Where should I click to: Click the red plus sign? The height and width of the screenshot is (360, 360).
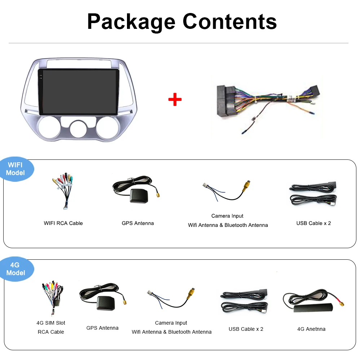click(175, 99)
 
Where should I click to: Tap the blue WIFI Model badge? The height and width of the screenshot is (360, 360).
click(16, 169)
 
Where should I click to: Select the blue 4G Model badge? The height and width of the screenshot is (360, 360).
click(16, 269)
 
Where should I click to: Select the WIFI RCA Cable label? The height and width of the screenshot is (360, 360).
click(63, 223)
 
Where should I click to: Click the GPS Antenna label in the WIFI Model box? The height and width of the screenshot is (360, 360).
click(137, 223)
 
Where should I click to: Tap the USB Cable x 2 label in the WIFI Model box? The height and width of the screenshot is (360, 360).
click(313, 223)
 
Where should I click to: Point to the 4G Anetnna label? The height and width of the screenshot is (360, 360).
click(311, 329)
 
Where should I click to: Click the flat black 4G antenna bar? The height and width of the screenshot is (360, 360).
click(311, 309)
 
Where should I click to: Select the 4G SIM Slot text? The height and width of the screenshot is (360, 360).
click(51, 323)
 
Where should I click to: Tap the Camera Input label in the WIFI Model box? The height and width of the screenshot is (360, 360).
click(227, 216)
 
